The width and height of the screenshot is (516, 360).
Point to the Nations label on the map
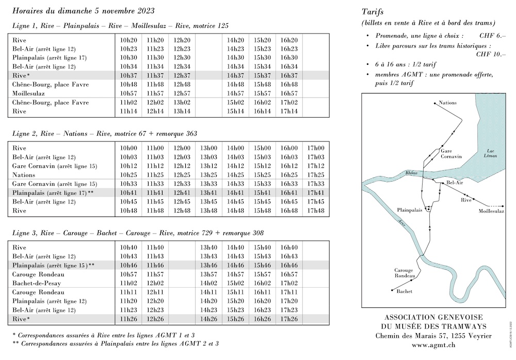[448, 103]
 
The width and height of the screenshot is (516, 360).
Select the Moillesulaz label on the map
[491, 211]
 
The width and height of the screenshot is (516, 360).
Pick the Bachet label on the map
[405, 291]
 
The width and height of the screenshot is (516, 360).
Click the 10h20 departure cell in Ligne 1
[128, 40]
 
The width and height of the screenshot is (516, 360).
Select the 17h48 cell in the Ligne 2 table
[315, 211]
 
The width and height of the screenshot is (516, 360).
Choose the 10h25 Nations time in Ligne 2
[128, 175]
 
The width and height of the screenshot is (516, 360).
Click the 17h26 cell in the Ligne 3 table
[288, 319]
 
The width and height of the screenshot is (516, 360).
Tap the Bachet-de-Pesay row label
[38, 284]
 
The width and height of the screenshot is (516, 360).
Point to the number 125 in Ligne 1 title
[222, 26]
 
